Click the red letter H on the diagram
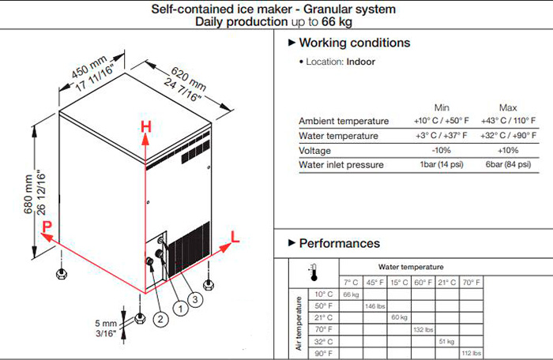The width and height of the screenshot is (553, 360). pyautogui.click(x=145, y=126)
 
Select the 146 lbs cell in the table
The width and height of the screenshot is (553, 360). pyautogui.click(x=374, y=305)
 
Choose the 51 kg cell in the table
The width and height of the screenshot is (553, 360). pyautogui.click(x=446, y=341)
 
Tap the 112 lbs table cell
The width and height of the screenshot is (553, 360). pyautogui.click(x=470, y=353)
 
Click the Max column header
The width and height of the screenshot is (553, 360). pyautogui.click(x=508, y=107)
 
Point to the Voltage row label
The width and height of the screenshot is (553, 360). pyautogui.click(x=316, y=150)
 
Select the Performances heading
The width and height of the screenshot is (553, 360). pyautogui.click(x=339, y=243)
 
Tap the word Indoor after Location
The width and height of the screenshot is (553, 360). pyautogui.click(x=360, y=61)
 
